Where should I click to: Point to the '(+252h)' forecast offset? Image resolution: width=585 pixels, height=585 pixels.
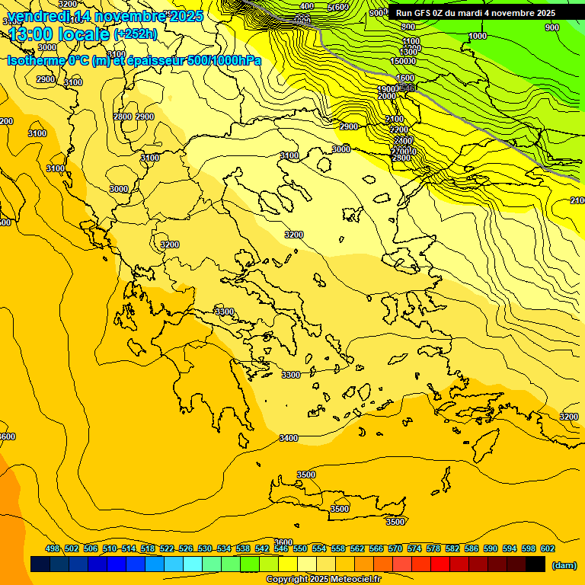click(135, 34)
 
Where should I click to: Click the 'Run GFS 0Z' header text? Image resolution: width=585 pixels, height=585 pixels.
click(427, 13)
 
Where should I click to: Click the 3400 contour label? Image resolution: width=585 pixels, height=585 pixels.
click(289, 438)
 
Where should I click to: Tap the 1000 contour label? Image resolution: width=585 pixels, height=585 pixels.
click(478, 36)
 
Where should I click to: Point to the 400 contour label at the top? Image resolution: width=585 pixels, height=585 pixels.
click(307, 6)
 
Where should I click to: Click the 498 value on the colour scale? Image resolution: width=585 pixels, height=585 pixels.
click(53, 548)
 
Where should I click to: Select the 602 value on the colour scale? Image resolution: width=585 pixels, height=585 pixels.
click(548, 548)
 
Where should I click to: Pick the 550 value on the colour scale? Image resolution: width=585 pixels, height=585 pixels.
click(300, 548)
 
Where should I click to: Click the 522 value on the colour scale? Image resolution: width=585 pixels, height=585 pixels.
click(167, 548)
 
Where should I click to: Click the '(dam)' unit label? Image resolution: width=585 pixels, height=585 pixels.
click(564, 564)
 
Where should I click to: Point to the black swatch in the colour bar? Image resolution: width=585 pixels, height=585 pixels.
click(535, 564)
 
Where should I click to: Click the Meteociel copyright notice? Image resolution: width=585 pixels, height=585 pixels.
click(323, 579)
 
